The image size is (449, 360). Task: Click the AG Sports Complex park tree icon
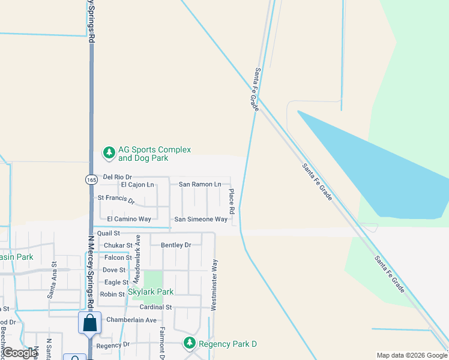tap(109, 153)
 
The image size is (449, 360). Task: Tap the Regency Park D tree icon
tap(190, 343)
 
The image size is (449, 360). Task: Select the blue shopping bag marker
tap(89, 323)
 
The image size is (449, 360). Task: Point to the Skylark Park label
tap(151, 292)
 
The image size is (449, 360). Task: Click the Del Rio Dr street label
tap(117, 177)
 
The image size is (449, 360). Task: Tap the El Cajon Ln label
tap(137, 185)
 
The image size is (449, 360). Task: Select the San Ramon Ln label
tap(200, 184)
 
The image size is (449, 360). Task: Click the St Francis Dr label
tap(116, 199)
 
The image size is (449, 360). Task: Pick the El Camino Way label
tap(129, 220)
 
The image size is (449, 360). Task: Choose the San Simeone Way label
tap(201, 220)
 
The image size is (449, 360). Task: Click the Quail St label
tap(109, 233)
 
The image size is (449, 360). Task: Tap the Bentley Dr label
tap(176, 245)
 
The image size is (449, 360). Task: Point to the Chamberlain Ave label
tap(131, 320)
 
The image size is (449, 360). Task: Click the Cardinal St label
tap(155, 307)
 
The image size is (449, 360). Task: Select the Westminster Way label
tap(214, 284)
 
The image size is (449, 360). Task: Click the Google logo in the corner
tap(20, 353)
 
